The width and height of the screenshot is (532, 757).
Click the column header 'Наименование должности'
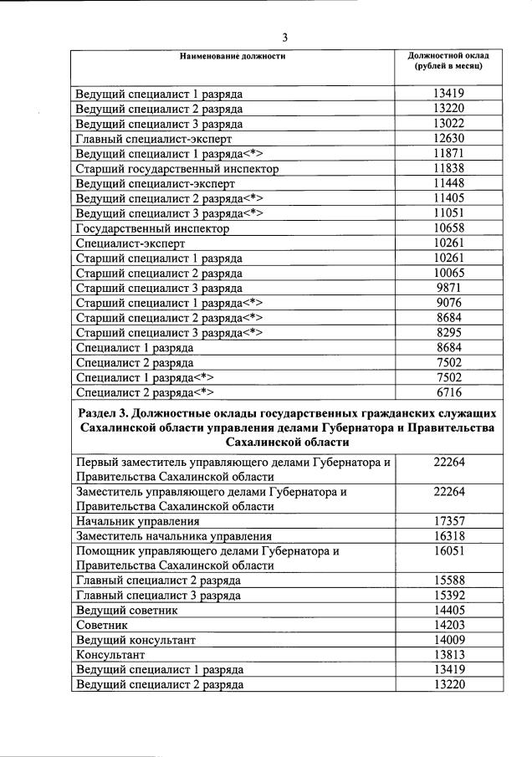(x=232, y=56)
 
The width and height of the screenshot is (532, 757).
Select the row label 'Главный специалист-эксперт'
(x=153, y=139)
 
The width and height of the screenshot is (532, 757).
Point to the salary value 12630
(x=448, y=139)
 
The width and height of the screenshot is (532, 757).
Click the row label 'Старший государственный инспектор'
(x=176, y=169)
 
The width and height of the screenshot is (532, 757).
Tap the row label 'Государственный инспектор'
(x=152, y=228)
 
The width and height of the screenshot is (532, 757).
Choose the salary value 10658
(x=448, y=228)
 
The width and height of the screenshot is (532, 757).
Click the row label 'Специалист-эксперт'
(x=130, y=243)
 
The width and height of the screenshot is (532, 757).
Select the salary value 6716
(x=448, y=391)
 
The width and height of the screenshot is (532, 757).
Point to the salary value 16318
(x=448, y=535)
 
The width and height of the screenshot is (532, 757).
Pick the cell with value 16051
(x=448, y=551)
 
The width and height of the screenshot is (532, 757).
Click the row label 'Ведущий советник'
(x=122, y=611)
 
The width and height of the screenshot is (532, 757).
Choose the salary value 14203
(x=448, y=626)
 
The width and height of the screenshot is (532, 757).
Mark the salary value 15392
(x=448, y=596)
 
